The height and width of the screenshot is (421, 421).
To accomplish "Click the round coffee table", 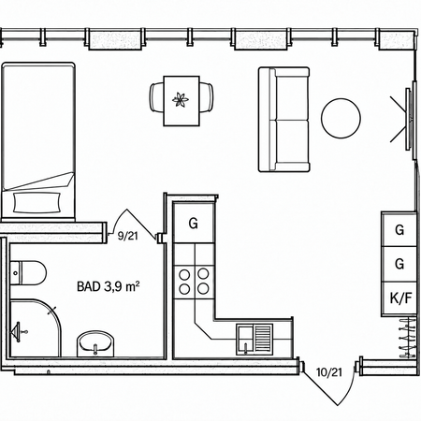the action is point(341,118).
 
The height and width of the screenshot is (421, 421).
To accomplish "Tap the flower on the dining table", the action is point(181,100).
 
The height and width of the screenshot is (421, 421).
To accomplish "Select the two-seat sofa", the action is point(283,120).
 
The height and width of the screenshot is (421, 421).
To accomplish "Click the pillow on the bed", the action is point(37,203).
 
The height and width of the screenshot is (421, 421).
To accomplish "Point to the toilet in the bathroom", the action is point(27,273).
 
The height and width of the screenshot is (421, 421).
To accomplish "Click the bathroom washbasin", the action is point(95,343).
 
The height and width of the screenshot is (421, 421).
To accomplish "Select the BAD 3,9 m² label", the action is point(108,286).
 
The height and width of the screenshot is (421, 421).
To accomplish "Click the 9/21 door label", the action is point(127,236).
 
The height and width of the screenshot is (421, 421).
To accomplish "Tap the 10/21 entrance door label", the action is point(329,372).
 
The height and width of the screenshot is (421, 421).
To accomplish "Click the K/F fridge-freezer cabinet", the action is point(399,298).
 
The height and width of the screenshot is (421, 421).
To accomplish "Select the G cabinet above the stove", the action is point(194,223).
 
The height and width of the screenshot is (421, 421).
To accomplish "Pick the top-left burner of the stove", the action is point(184,274).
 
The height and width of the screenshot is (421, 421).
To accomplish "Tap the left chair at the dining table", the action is point(156,97).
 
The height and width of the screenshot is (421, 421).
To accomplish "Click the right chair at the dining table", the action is point(207,97).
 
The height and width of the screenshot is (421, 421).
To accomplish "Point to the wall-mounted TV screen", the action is point(409,119).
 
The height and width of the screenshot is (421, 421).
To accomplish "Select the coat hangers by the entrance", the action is point(408,338).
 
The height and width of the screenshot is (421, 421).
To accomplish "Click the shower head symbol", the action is point(17,332).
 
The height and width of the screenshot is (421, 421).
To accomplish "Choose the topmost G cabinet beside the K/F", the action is point(399,230).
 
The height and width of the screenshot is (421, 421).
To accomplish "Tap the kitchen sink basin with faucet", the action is point(246,339).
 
